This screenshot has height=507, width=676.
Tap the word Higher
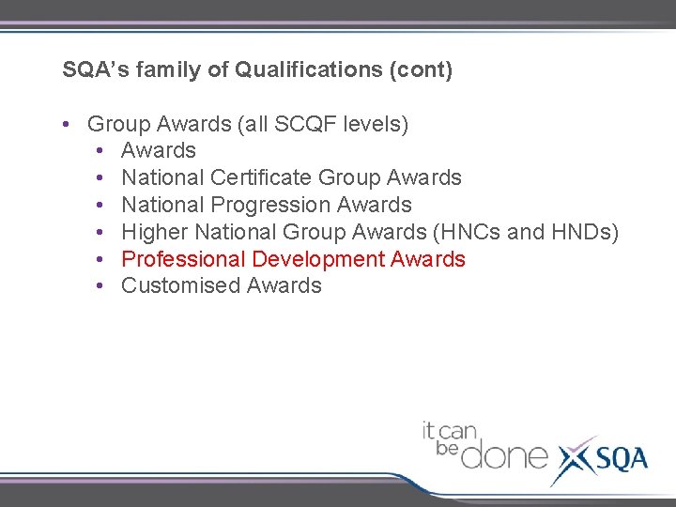click(155, 232)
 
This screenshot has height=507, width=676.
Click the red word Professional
click(183, 259)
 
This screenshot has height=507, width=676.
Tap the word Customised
click(181, 286)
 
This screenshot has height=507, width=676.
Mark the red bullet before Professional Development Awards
click(99, 260)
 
